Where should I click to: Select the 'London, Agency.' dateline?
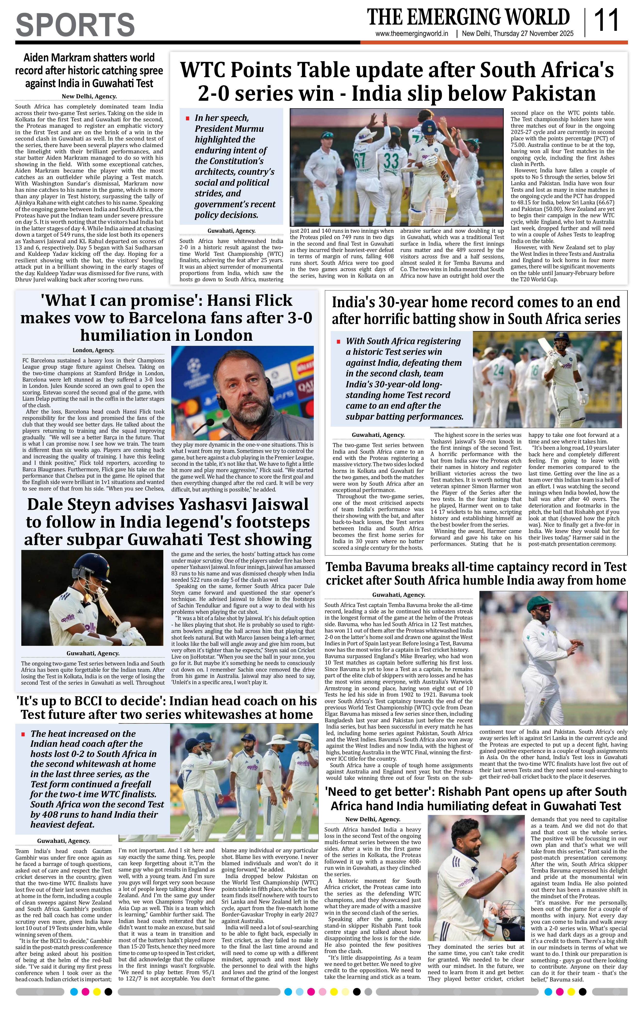93,350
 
